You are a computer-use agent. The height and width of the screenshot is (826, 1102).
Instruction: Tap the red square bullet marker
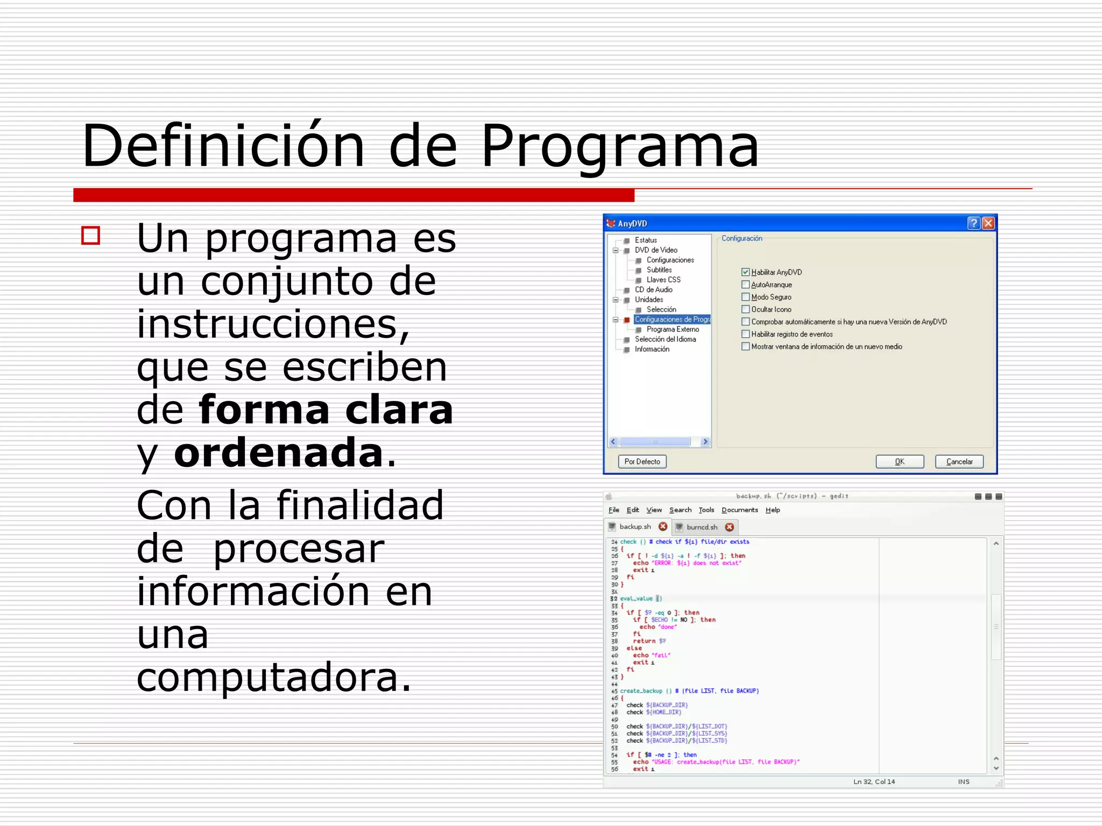(x=91, y=236)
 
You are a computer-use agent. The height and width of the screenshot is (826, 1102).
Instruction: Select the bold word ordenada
(x=278, y=453)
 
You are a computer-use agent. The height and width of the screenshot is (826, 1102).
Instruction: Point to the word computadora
(x=273, y=677)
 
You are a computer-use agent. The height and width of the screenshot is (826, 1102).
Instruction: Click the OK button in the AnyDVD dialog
(x=899, y=461)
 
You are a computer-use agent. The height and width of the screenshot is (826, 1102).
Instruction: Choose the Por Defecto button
(x=642, y=461)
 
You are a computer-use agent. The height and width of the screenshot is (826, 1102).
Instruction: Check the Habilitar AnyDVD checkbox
(x=745, y=272)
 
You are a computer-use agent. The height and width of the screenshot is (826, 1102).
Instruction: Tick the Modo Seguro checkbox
(x=745, y=297)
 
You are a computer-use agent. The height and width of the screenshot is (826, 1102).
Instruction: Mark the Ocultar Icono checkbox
(x=745, y=309)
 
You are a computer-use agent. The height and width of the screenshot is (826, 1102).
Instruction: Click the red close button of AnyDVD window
(x=988, y=223)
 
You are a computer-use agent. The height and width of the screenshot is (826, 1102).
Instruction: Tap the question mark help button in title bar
(x=973, y=223)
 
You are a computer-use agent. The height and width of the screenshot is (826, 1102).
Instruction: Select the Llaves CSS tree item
(x=663, y=280)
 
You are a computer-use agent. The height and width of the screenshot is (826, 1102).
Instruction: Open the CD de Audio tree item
(x=653, y=290)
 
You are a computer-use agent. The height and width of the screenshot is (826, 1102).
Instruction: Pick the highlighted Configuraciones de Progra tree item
(x=672, y=319)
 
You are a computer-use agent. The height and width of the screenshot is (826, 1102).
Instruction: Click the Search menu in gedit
(x=680, y=510)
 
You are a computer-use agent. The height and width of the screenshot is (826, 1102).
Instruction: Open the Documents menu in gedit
(x=739, y=510)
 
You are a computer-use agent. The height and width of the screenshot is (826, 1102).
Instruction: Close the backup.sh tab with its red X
(x=663, y=526)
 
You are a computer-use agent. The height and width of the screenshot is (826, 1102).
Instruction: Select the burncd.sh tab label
(x=702, y=527)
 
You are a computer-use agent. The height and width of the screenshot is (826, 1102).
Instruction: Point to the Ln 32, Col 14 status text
(x=874, y=781)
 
